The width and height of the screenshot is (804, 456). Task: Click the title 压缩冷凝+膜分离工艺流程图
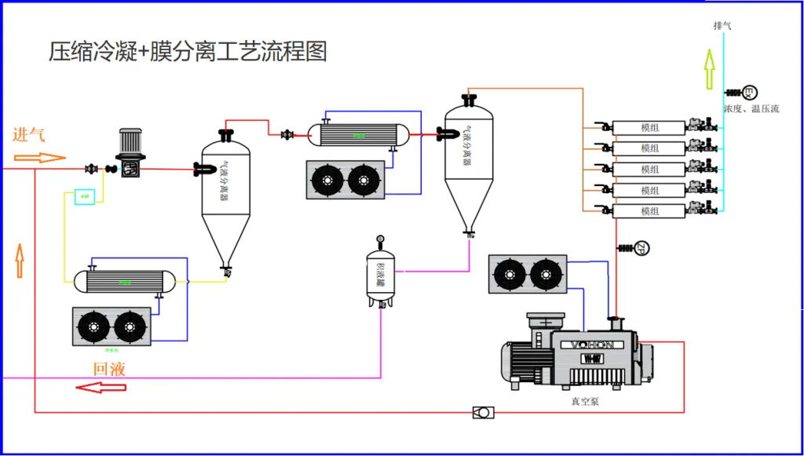coord(188,52)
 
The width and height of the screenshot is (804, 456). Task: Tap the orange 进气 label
coord(29,134)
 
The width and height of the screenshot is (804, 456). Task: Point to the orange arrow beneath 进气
coord(40,157)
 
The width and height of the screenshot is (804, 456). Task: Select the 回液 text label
coord(109,369)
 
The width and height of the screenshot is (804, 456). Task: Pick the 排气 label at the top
coord(722,26)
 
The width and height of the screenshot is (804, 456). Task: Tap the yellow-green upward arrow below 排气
coord(709,68)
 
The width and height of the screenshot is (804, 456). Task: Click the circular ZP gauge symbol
coord(641,249)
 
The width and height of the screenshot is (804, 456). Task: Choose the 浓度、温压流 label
coord(751,109)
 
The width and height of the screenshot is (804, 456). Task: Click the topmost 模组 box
coord(649,127)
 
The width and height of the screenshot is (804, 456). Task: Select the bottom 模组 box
coord(649,211)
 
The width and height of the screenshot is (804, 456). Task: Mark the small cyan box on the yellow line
coord(85,196)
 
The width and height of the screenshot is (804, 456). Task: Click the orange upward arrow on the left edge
coord(20,261)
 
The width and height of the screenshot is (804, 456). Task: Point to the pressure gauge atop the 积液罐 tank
coord(380,237)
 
